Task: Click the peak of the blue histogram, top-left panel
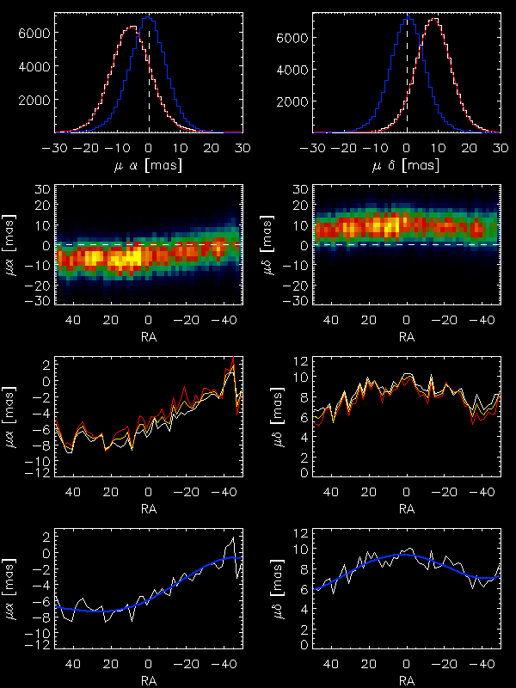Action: [x=150, y=19]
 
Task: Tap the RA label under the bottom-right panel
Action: [x=407, y=677]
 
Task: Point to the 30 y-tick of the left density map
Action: [x=42, y=188]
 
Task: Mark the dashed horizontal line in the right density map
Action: [x=407, y=244]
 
